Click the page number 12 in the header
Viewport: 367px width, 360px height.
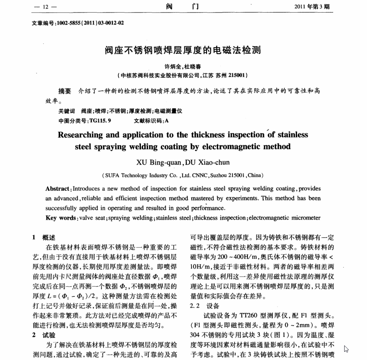pyautogui.click(x=46, y=7)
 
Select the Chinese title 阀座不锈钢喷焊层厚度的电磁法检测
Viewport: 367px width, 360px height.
pyautogui.click(x=183, y=50)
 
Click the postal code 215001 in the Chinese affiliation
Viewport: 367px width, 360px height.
pyautogui.click(x=235, y=75)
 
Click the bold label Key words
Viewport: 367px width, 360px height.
pyautogui.click(x=61, y=218)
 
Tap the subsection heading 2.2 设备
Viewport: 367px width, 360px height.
pyautogui.click(x=205, y=306)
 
